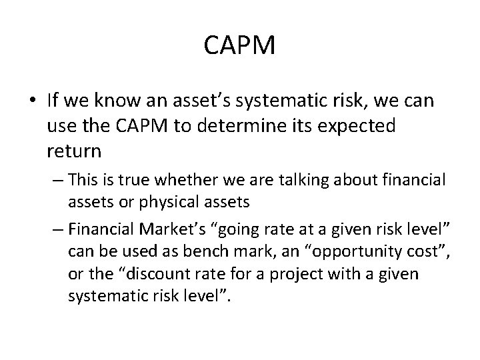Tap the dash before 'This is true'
[57, 181]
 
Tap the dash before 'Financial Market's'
[57, 230]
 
